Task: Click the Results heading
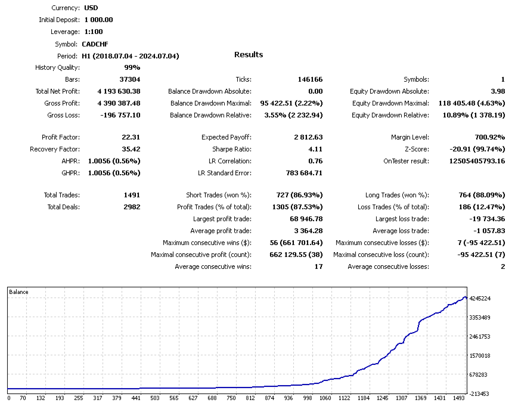click(249, 55)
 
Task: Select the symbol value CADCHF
click(95, 44)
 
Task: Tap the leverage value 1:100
click(94, 32)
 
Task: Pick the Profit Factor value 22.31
click(131, 137)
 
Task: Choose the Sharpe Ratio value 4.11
click(315, 149)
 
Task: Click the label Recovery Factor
click(54, 149)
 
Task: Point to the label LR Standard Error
click(224, 173)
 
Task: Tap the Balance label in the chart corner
click(18, 292)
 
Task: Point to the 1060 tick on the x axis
click(325, 398)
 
